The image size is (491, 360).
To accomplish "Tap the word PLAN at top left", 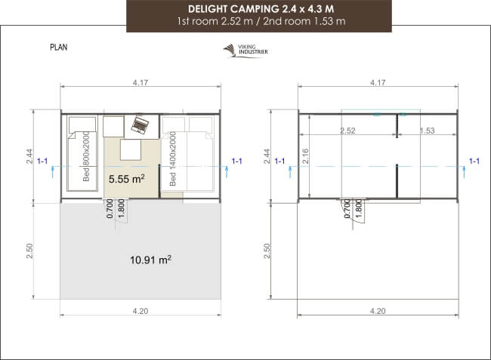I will pos(60,47).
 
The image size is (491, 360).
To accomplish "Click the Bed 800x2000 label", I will pos(86,158).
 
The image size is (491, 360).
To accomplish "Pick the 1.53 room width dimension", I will pos(427,131).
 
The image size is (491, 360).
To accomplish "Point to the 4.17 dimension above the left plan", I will pos(140,82).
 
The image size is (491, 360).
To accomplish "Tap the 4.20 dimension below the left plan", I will pos(141,310).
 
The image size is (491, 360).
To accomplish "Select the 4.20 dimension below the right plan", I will pos(377,310).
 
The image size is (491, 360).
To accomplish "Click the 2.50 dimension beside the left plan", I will pos(29,250).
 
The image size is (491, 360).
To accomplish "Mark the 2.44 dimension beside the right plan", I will pos(265,156).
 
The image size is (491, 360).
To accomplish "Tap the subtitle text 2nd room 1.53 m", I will pos(310,21).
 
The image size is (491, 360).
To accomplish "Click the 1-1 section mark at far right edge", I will pos(474,161).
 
